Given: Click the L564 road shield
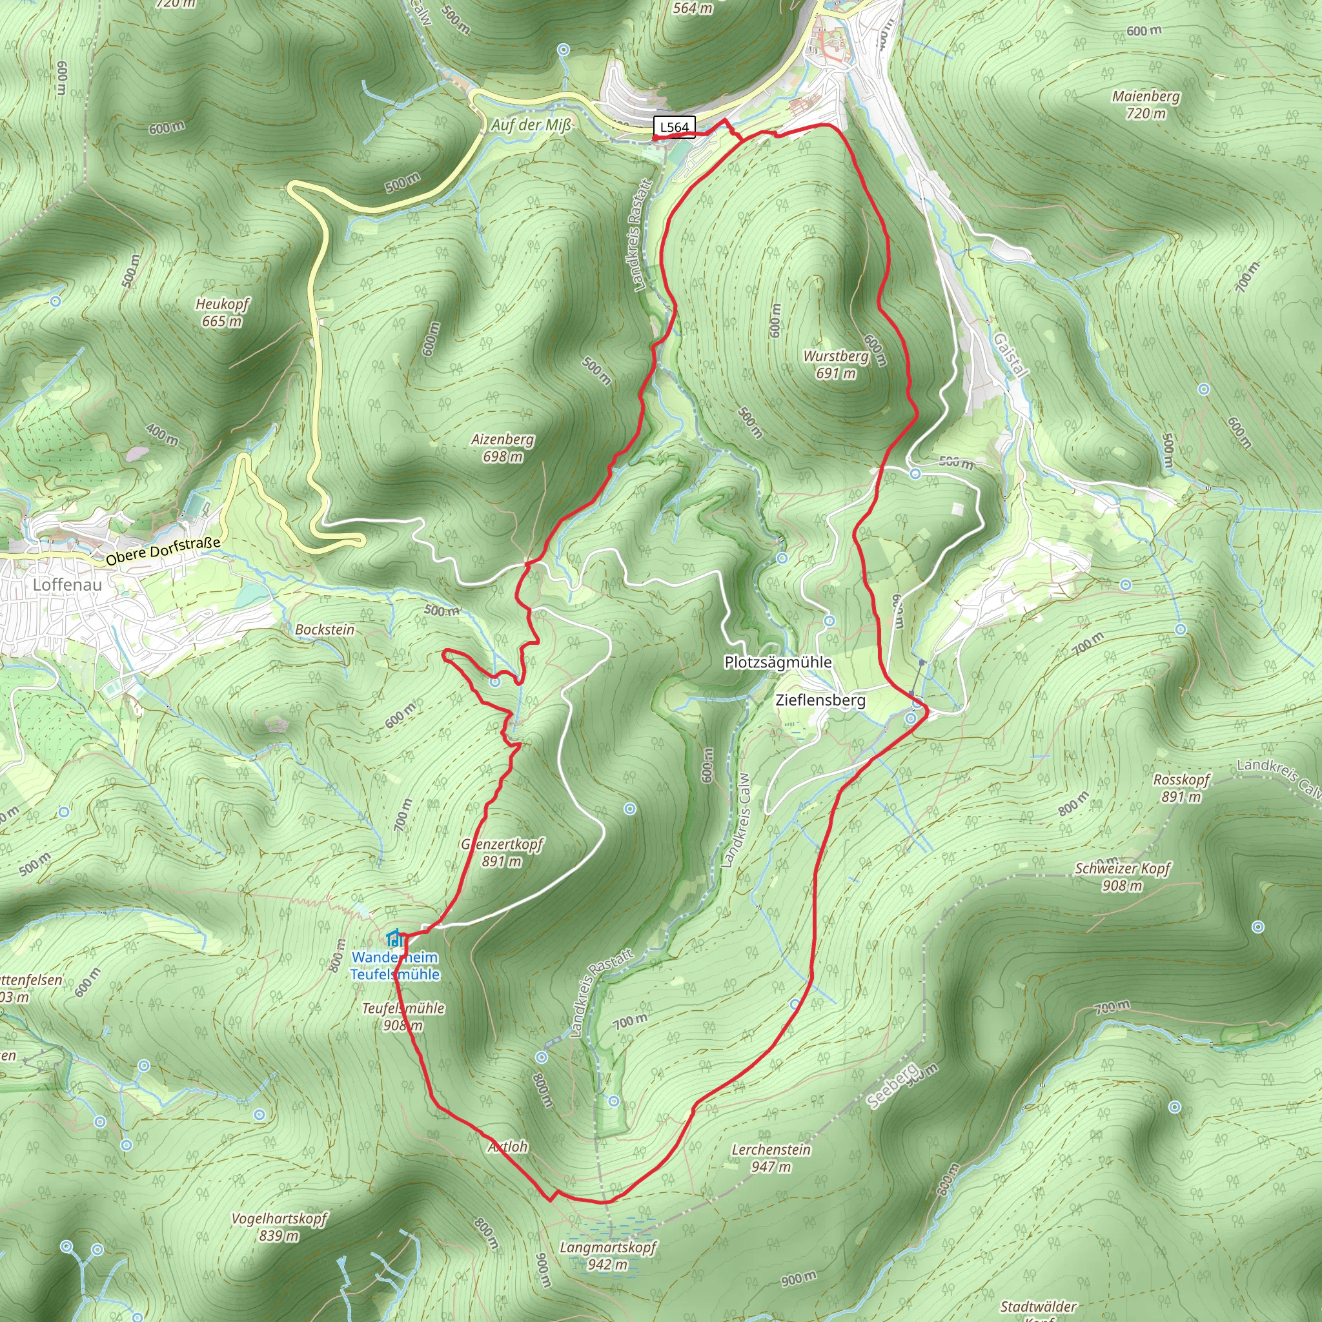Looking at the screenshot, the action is tap(674, 127).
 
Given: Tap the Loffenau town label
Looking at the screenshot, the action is tap(67, 584).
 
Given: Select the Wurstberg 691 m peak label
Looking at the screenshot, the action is tap(835, 365).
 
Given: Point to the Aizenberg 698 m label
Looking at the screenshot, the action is tap(503, 448).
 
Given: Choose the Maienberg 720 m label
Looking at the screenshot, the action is tap(1146, 105).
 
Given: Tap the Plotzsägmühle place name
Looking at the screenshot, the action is tap(778, 662).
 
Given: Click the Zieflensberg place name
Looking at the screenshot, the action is tap(820, 700).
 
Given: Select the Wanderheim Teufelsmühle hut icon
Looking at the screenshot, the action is tap(394, 937).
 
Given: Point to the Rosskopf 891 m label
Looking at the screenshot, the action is tap(1182, 788).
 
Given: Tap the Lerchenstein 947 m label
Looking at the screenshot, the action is tap(771, 1158).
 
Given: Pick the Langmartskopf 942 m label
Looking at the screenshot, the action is tap(608, 1256).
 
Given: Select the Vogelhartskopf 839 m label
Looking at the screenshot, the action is tap(279, 1227).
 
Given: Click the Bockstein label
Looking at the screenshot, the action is tap(325, 629).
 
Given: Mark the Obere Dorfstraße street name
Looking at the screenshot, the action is tap(163, 551).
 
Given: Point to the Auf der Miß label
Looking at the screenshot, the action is tap(531, 125).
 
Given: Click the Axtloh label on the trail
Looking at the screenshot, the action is tap(508, 1147).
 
